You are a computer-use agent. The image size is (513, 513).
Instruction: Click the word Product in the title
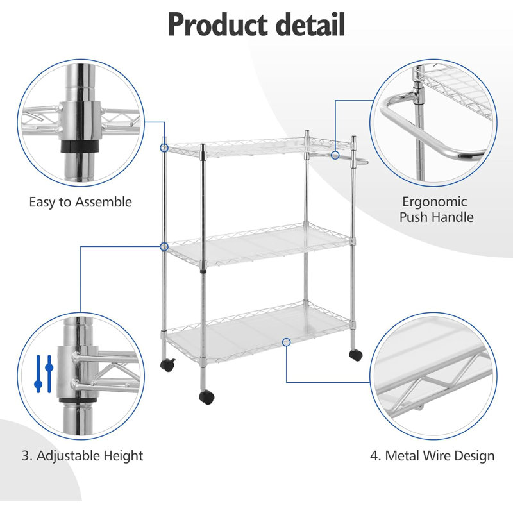[217, 24]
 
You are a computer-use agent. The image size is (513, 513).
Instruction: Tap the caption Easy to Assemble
[81, 202]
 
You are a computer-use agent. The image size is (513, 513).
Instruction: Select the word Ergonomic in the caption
[434, 202]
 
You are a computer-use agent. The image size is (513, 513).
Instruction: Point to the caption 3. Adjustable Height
[83, 456]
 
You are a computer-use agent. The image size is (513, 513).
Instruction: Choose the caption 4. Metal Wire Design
[432, 456]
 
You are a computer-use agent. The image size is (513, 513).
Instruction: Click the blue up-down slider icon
[44, 374]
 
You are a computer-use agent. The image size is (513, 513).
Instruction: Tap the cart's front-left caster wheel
[168, 365]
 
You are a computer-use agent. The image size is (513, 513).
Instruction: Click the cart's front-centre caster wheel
[206, 397]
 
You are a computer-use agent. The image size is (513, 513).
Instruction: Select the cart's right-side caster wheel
[356, 355]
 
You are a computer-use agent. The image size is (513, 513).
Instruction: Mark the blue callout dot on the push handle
[335, 155]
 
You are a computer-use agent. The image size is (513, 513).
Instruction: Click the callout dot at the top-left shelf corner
[164, 148]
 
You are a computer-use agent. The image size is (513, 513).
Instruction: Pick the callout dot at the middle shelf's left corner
[164, 247]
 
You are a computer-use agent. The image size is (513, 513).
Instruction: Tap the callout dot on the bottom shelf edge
[286, 342]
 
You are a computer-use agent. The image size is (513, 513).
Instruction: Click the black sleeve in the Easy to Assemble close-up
[80, 147]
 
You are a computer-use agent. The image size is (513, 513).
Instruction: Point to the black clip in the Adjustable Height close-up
[78, 401]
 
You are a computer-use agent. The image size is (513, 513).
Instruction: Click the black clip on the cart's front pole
[203, 271]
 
